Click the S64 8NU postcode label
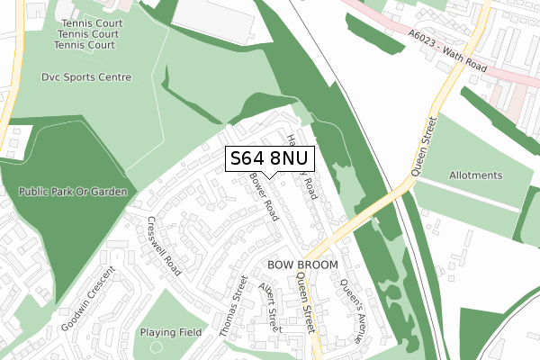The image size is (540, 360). click(x=269, y=158)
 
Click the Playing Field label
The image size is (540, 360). click(x=168, y=332)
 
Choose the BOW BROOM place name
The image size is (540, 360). click(x=302, y=265)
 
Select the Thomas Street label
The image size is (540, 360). click(x=233, y=306)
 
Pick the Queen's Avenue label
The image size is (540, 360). click(x=353, y=309)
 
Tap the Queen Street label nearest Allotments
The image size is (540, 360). click(x=424, y=146)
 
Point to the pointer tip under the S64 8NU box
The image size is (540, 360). click(x=269, y=177)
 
